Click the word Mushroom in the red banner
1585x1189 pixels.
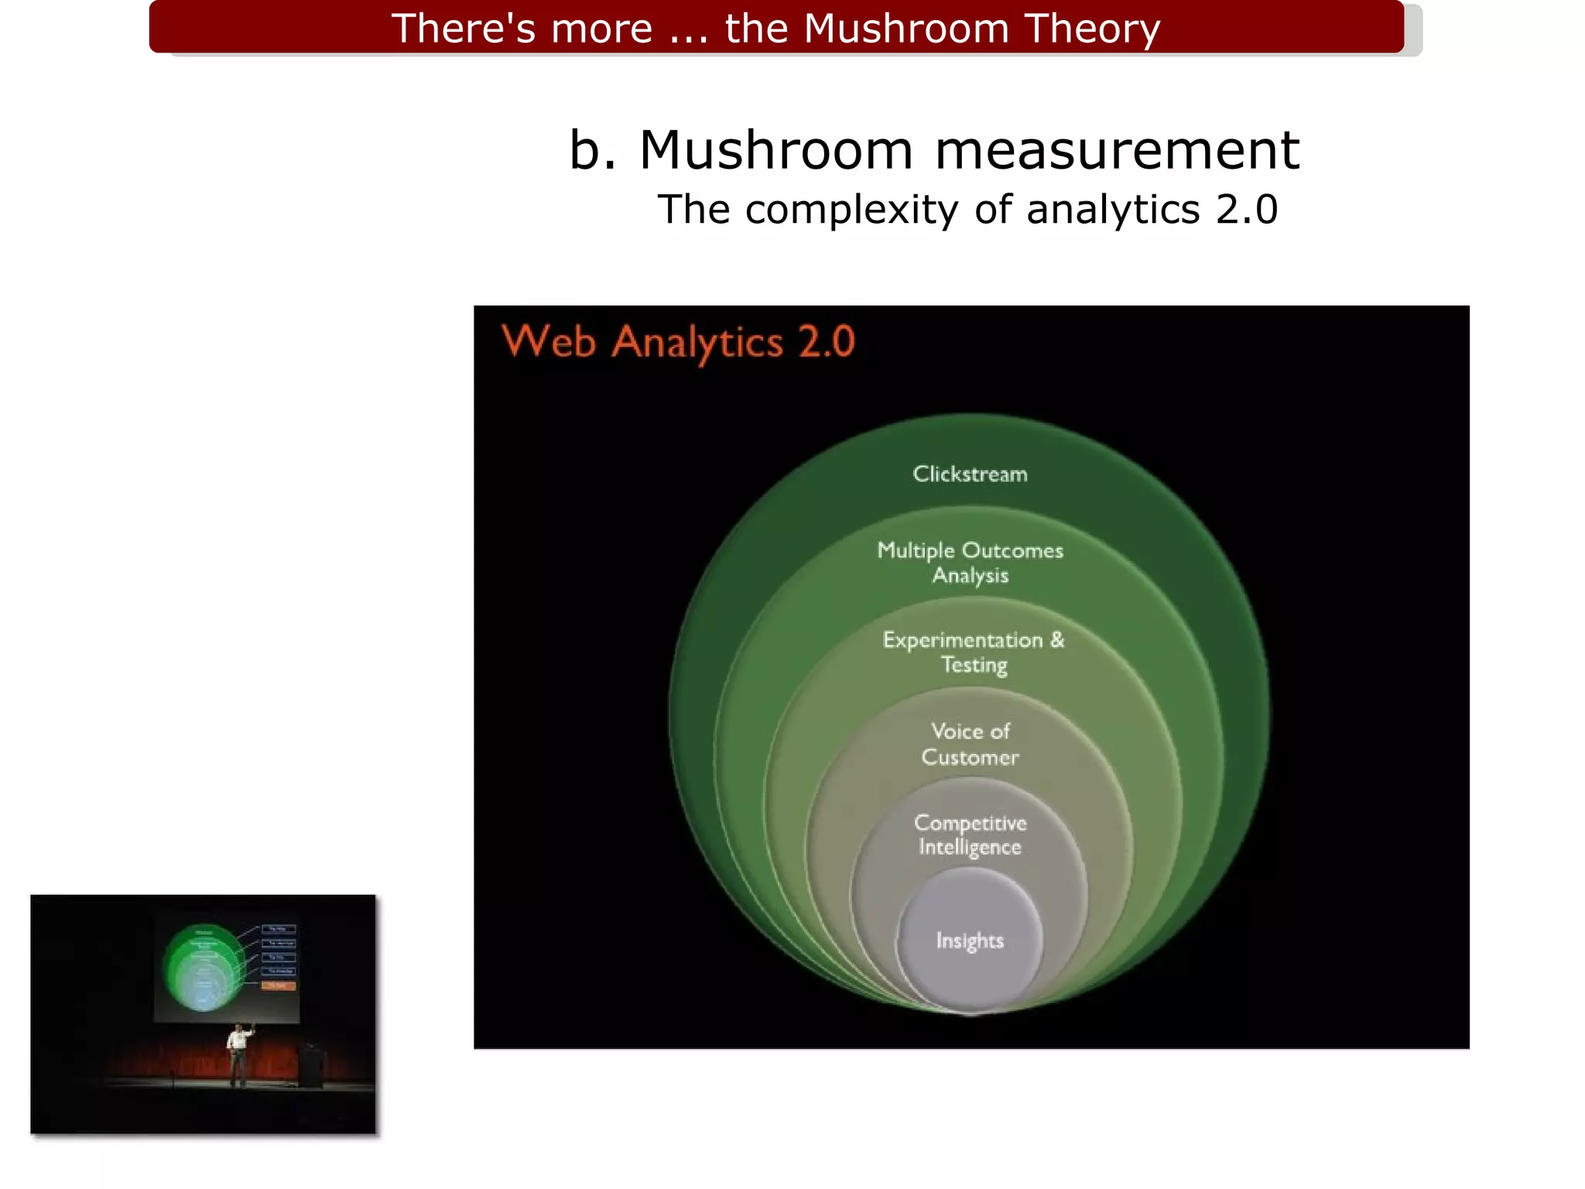pos(907,29)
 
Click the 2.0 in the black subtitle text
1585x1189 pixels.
pos(1246,210)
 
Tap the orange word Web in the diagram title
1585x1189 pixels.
pos(549,341)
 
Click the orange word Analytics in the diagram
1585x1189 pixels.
pos(697,343)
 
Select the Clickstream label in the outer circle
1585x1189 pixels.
pos(970,474)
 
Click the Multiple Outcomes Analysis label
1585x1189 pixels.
pos(970,563)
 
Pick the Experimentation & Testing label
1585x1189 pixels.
pos(973,652)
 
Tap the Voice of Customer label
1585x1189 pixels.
pos(970,744)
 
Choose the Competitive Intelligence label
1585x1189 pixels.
pos(970,834)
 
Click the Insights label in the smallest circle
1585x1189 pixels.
pos(970,941)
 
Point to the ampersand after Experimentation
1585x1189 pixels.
pos(1057,640)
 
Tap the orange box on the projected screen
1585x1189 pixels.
pos(279,985)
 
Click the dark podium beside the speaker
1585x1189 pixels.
pos(312,1064)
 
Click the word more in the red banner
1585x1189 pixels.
pos(601,29)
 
